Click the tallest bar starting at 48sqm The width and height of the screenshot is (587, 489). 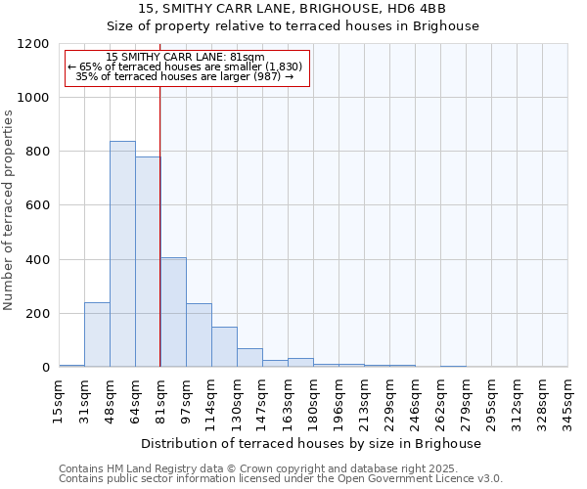pos(122,254)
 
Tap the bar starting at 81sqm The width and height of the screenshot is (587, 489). pos(173,312)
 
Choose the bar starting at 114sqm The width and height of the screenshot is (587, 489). pos(224,347)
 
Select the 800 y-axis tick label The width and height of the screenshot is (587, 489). pos(38,152)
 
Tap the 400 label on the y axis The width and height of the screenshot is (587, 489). pos(38,260)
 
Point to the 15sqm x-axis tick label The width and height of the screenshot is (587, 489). pos(60,397)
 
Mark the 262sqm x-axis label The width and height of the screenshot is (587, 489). pos(441,397)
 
